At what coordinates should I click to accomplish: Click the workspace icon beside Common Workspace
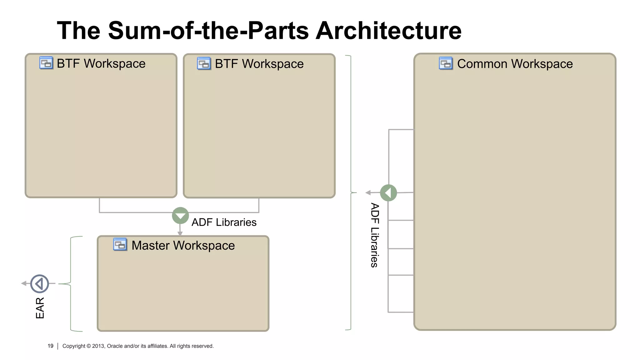446,63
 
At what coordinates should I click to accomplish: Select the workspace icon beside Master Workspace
120,245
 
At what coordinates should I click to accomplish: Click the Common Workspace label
515,64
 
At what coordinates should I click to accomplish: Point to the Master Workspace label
183,245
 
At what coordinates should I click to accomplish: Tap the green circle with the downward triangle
180,216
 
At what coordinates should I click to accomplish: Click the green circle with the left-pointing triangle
388,193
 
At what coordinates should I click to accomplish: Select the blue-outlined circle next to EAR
40,284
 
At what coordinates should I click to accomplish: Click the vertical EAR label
40,308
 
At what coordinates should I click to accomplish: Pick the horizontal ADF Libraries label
224,222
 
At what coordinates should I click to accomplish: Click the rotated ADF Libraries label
374,235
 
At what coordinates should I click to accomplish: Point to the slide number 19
50,346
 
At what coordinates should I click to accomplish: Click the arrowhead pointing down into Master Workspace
180,233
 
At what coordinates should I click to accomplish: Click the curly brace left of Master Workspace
71,283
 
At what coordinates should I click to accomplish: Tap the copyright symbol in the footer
89,346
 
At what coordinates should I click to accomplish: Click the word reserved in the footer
202,346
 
